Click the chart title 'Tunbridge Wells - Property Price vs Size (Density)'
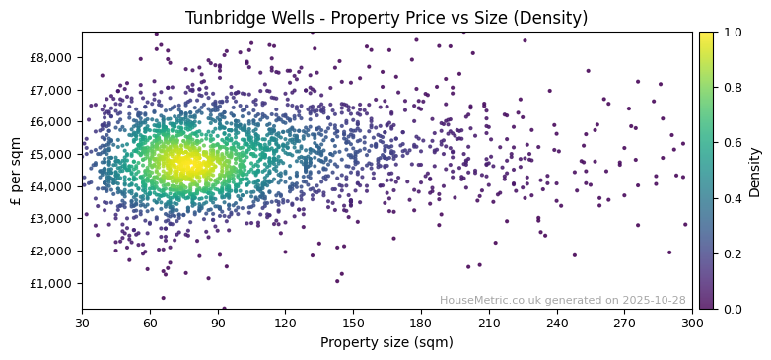386,18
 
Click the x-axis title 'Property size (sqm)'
386,343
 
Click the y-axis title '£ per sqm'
16,171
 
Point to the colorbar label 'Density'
755,171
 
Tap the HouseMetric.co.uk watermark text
562,300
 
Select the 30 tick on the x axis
82,323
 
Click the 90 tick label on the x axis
218,323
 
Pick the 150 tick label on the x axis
353,323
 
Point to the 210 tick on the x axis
489,323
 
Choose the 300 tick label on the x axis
692,323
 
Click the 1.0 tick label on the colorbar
731,33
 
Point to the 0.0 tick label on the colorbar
731,309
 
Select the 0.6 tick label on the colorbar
731,143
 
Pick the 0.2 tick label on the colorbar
731,253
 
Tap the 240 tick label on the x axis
557,323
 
